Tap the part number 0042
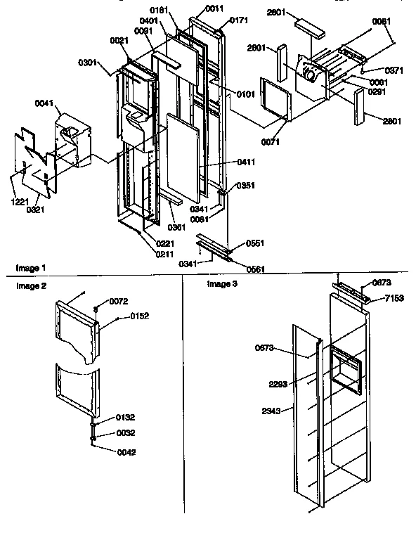coord(107,452)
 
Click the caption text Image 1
coord(30,268)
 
